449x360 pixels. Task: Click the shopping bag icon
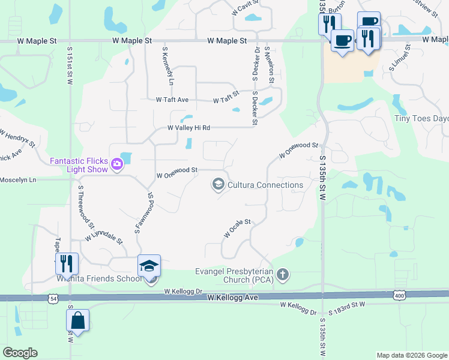(77, 320)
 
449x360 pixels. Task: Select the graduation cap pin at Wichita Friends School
(149, 266)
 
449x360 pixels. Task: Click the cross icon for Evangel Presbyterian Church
(283, 275)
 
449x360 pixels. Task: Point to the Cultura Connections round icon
(218, 184)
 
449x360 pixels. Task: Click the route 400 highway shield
(400, 295)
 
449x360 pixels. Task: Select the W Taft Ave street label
(172, 100)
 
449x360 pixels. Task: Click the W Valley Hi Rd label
(188, 128)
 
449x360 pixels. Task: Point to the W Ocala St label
(237, 228)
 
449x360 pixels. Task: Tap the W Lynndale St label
(103, 235)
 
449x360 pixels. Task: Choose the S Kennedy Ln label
(167, 66)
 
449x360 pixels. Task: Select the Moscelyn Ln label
(18, 179)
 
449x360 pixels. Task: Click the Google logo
(20, 353)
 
